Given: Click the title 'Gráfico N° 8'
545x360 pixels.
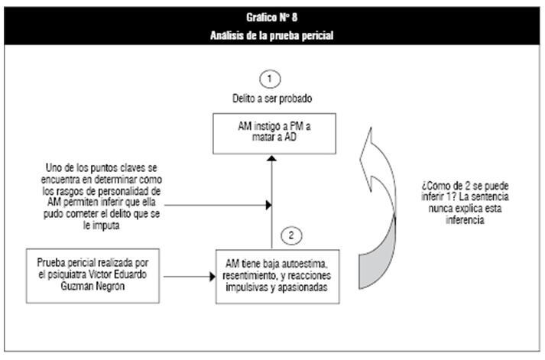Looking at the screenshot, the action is (272, 18).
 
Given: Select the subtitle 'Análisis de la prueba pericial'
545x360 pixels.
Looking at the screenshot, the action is (272, 35).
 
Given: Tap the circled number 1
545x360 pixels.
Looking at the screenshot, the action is (270, 79).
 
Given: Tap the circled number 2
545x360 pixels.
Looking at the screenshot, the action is (291, 235).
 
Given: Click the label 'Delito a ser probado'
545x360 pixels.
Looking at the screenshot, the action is (272, 99).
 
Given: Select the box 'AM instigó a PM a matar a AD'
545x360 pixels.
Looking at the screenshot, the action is (274, 134).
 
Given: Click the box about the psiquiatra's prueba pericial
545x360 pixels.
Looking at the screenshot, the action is (92, 276).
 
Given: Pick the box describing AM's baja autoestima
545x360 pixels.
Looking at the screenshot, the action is (277, 277).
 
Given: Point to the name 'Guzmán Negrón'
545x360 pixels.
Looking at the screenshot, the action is (92, 287).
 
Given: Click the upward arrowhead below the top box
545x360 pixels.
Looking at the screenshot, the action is (272, 158).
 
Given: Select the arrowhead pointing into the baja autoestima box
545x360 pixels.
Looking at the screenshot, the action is (212, 277).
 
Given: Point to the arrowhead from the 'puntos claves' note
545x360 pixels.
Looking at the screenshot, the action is (268, 205).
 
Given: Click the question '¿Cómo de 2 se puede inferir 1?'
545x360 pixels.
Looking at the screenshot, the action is (465, 191).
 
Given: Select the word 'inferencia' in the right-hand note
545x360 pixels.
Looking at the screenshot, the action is (465, 220).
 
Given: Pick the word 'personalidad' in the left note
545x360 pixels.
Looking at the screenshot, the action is (123, 192).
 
